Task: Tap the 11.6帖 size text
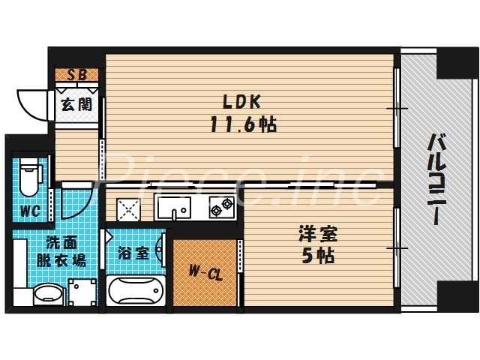pyautogui.click(x=243, y=124)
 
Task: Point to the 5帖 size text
pyautogui.click(x=316, y=256)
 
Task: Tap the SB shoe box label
pyautogui.click(x=76, y=74)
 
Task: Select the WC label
pyautogui.click(x=29, y=211)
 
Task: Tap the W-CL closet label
pyautogui.click(x=205, y=274)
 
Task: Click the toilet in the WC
pyautogui.click(x=29, y=176)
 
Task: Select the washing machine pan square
pyautogui.click(x=82, y=292)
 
